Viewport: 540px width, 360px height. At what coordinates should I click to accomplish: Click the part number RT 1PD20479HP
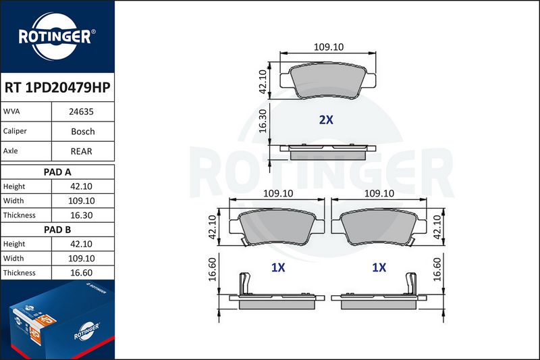(57, 88)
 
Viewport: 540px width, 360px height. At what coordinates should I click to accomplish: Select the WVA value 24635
(81, 111)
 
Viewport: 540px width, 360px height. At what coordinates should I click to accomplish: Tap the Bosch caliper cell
(82, 132)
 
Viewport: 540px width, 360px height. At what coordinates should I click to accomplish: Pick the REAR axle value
(81, 151)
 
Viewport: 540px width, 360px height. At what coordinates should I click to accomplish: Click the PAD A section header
(57, 172)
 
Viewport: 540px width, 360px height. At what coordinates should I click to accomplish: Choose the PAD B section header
(57, 230)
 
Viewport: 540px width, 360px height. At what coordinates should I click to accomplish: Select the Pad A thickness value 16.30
(81, 215)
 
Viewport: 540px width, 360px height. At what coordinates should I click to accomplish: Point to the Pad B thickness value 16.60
(81, 273)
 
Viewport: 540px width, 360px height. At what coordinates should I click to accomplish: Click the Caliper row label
(15, 131)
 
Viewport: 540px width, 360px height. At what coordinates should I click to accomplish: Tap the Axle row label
(10, 151)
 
